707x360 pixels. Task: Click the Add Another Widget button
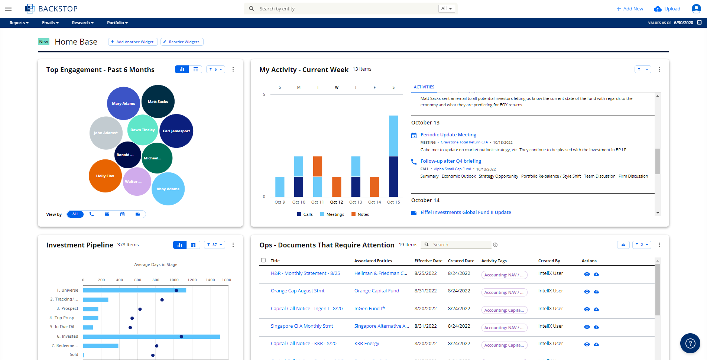133,42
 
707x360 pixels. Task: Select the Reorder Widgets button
182,42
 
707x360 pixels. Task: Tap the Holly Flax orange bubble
105,176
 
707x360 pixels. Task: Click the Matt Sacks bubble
158,101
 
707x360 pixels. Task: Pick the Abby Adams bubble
168,189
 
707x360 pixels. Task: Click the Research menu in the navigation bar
82,23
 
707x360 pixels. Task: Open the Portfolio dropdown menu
117,23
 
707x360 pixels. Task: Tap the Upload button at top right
667,9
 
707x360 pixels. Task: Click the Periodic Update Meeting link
448,135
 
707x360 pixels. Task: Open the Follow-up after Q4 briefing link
451,161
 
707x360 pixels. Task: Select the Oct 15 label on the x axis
393,202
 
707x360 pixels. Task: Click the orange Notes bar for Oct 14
374,187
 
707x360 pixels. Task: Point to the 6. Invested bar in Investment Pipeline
151,337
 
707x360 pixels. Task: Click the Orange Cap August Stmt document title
298,291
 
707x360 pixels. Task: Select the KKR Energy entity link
367,344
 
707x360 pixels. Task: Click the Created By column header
549,261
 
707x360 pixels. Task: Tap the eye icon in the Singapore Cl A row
587,327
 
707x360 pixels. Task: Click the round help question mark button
690,343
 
